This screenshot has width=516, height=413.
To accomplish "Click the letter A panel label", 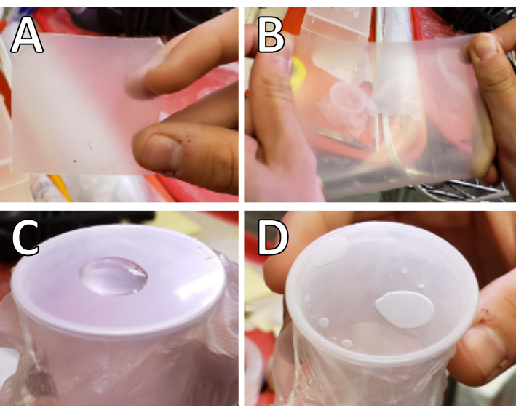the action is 27,36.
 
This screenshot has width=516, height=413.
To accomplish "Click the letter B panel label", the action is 271,36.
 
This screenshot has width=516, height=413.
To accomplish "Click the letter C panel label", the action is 25,237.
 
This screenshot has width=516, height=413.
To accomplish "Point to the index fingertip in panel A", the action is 138,83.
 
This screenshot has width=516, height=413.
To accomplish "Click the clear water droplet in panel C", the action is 114,276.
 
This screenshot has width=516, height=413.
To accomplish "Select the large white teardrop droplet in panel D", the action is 404,309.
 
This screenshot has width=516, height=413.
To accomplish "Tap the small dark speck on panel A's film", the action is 75,161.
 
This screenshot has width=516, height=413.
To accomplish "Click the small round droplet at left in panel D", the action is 324,322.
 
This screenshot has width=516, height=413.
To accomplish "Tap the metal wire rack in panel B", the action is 461,190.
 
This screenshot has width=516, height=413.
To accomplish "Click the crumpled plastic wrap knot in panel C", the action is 37,378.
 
